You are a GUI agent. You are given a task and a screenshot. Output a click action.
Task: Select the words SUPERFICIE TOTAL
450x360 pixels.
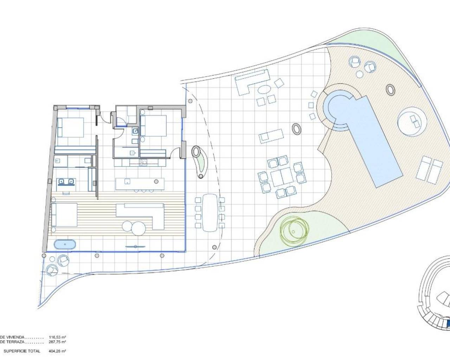pyautogui.click(x=22, y=351)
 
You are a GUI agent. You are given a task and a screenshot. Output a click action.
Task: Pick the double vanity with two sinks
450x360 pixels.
pyautogui.click(x=66, y=182)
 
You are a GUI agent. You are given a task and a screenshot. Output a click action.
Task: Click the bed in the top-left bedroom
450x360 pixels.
pyautogui.click(x=71, y=127)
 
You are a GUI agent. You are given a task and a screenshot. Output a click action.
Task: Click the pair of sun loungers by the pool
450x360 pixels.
pyautogui.click(x=430, y=170)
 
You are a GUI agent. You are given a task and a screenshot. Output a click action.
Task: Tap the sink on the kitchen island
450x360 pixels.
pyautogui.click(x=127, y=182)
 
